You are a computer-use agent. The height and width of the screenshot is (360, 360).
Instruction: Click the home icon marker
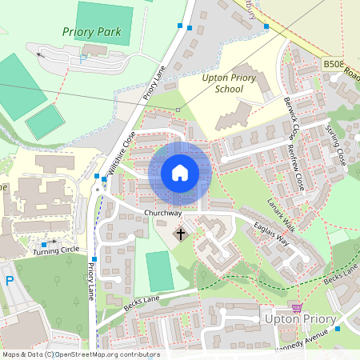tap(180, 172)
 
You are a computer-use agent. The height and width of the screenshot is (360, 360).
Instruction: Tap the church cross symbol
tap(181, 234)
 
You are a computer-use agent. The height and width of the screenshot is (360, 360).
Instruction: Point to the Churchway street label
tap(163, 214)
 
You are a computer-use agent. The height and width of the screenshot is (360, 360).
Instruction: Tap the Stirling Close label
tap(336, 144)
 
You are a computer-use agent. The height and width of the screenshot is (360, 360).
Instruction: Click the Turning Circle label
tap(52, 251)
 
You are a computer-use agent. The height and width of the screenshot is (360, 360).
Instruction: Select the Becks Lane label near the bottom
tap(143, 302)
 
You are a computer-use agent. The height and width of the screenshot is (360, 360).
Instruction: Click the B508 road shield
tap(334, 63)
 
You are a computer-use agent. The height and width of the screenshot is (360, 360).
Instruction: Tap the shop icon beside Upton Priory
tap(298, 307)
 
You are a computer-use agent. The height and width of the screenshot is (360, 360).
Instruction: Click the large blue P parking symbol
tap(10, 281)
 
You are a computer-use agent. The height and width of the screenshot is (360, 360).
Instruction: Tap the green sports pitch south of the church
tap(160, 270)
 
